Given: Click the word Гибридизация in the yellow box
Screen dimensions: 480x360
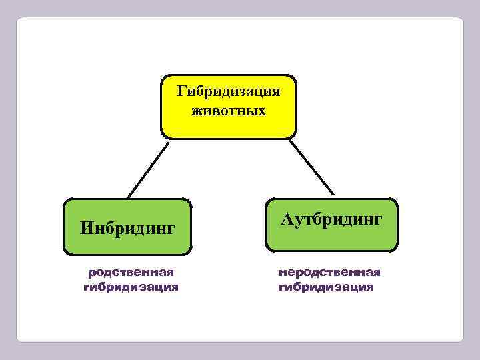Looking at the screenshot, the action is coord(229,91).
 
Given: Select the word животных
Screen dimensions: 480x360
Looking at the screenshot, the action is coord(229,109).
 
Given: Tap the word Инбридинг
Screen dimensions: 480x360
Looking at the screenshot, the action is coord(127,229).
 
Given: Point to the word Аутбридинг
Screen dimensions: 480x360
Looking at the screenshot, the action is coord(331,219).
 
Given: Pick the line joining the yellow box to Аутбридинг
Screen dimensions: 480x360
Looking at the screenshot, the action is coord(313,167).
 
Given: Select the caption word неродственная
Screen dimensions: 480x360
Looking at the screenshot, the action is coord(330,272).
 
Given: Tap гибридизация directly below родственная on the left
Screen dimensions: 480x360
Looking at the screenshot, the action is coord(131,288).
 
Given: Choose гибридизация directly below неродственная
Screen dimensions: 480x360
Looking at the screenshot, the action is coord(327,288).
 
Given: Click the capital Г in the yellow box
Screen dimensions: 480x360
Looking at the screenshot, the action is coord(181,91).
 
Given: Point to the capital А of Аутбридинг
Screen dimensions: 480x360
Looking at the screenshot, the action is coord(287,219).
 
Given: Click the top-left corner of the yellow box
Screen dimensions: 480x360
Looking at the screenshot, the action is coord(163,76).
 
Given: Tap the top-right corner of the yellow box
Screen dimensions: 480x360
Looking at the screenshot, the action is coord(295,76).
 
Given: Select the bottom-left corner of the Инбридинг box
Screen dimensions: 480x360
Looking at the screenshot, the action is coord(65,253).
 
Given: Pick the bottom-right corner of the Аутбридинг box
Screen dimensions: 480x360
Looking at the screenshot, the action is coord(396,251).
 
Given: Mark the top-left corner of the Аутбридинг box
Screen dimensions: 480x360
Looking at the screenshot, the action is coord(267,199).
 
